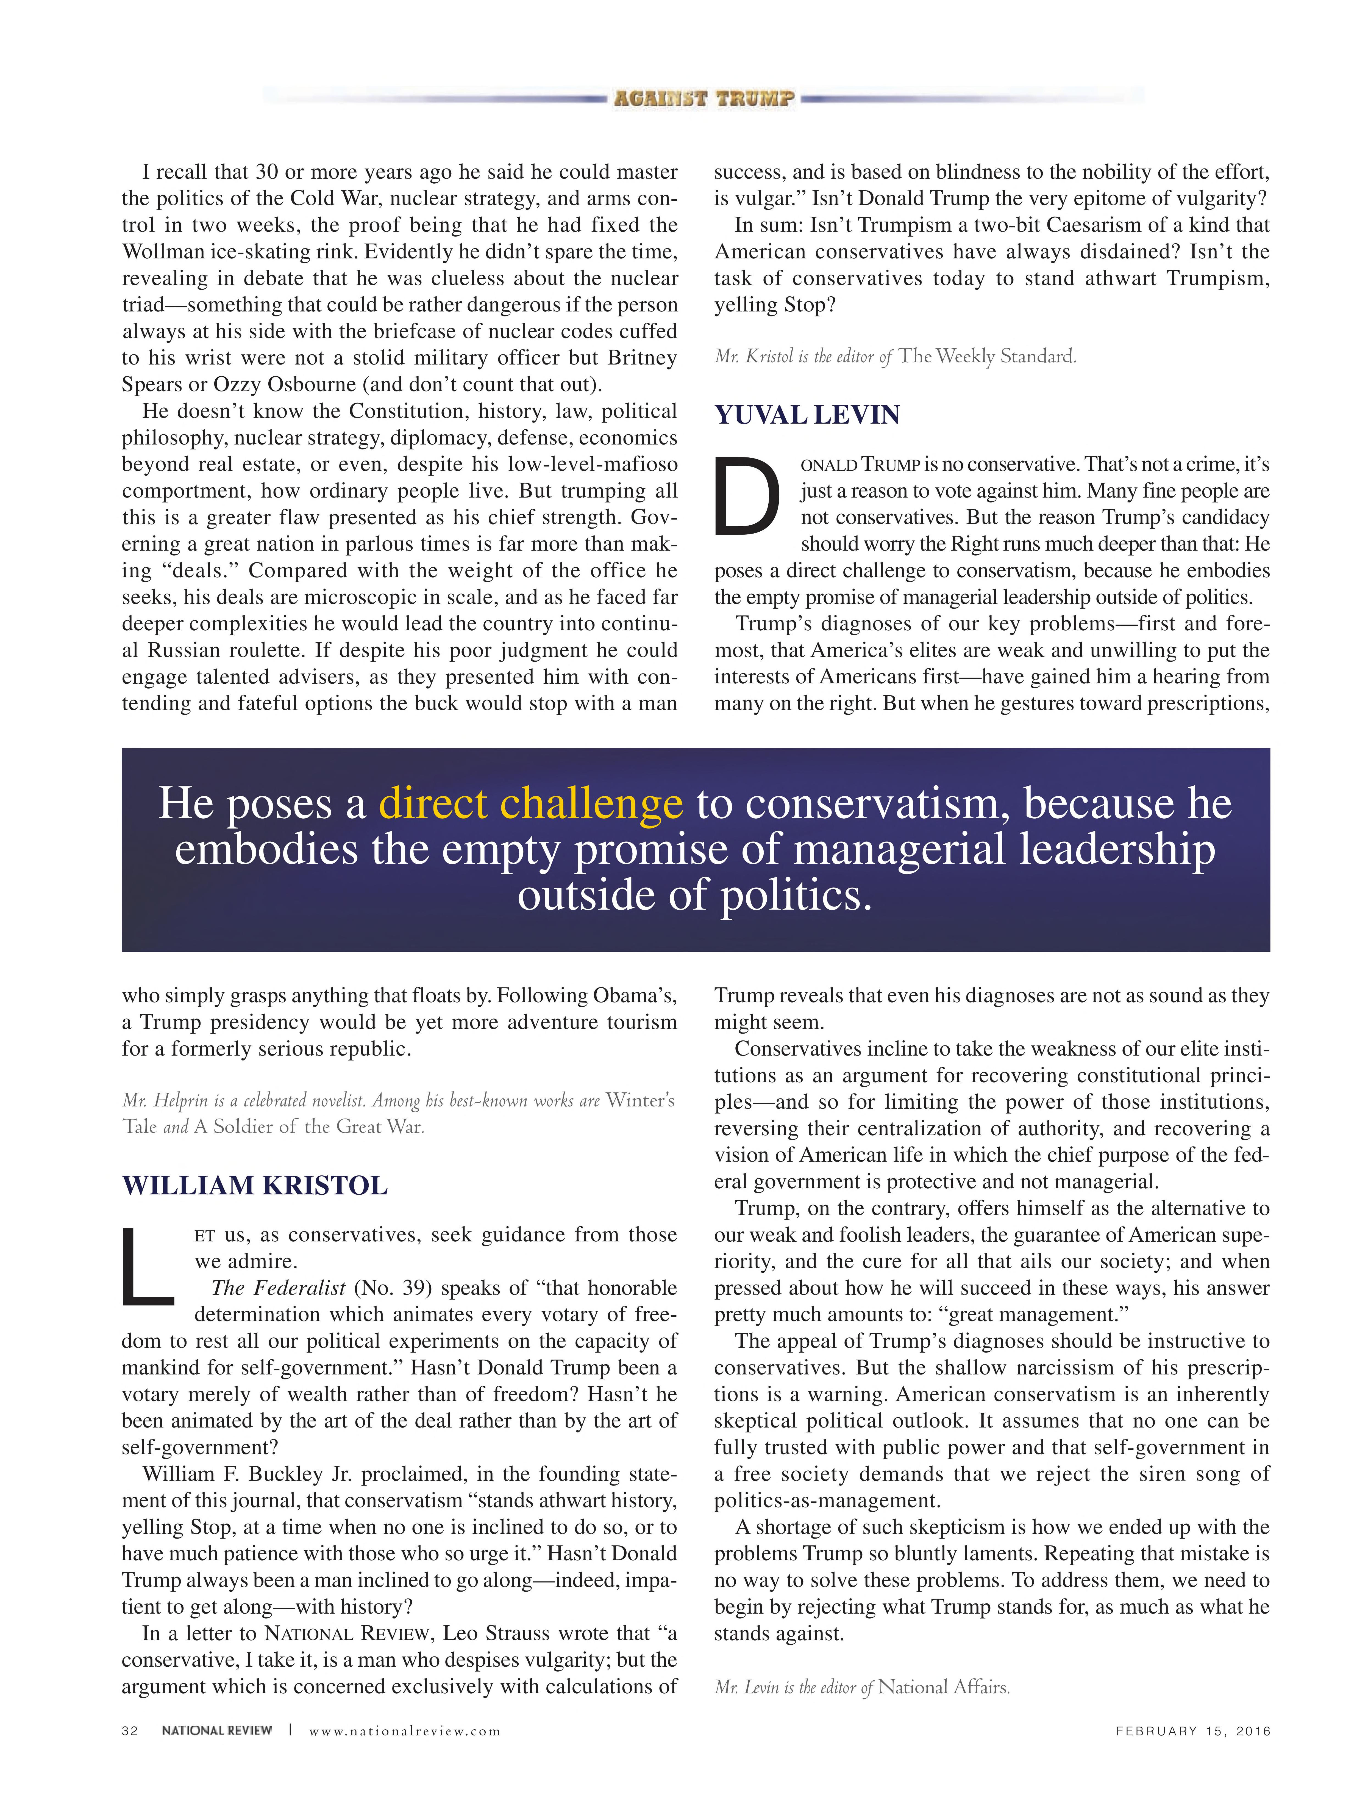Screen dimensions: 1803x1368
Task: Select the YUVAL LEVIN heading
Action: coord(807,415)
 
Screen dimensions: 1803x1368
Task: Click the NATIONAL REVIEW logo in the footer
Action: coord(217,1730)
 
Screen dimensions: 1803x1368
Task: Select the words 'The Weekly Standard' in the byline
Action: coord(986,356)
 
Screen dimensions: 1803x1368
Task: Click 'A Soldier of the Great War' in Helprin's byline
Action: coord(308,1126)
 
